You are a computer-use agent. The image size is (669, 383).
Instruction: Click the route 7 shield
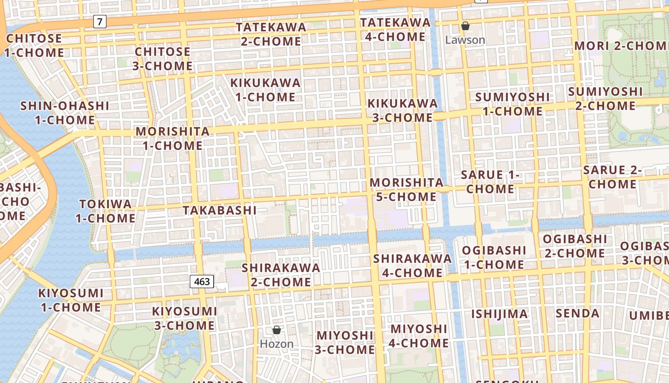(99, 22)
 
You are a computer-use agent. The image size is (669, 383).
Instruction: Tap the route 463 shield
(202, 282)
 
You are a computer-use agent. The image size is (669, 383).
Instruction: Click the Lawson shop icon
(465, 26)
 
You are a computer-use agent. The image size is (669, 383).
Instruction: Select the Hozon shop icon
(276, 330)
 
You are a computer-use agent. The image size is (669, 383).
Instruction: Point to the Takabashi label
(219, 210)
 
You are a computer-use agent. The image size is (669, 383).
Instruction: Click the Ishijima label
(499, 314)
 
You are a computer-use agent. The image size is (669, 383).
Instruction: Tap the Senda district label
(577, 314)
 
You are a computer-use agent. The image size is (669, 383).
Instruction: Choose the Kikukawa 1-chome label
(265, 90)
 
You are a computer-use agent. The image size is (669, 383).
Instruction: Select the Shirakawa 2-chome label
(281, 274)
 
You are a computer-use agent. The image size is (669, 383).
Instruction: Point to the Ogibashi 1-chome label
(494, 257)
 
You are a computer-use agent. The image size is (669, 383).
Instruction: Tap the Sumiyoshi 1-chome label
(512, 104)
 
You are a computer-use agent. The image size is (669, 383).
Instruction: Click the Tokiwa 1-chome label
(105, 211)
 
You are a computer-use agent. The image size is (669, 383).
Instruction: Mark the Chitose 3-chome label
(162, 58)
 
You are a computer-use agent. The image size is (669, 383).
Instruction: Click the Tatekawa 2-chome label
(271, 34)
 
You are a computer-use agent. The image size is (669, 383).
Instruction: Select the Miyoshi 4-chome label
(419, 336)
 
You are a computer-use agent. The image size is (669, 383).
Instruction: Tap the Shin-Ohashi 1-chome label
(65, 113)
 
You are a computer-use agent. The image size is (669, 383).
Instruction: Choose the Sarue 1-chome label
(490, 181)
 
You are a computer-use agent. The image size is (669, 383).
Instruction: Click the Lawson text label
(465, 40)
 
